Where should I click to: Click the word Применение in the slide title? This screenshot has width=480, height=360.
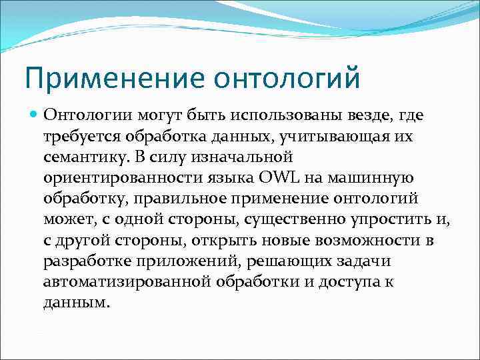114,78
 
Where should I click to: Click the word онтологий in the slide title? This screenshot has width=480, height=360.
287,78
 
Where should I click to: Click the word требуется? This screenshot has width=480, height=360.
79,137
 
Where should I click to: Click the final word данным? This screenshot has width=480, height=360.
75,302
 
